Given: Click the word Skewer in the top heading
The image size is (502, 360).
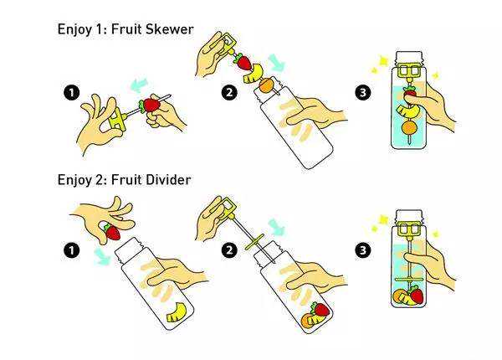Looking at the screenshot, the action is tap(169, 29).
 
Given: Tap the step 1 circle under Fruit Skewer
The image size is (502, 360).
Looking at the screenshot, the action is tap(71, 93).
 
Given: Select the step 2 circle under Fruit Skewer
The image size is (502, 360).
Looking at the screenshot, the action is tap(229, 93).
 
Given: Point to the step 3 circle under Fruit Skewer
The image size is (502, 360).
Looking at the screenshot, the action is tap(363, 93).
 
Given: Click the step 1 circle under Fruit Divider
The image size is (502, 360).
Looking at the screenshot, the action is tap(71, 249).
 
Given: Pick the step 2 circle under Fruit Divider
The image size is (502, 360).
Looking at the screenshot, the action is tap(229, 249).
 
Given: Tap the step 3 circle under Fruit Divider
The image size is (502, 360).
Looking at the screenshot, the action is tap(363, 249).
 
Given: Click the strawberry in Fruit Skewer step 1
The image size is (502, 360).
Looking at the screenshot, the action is tap(150, 105).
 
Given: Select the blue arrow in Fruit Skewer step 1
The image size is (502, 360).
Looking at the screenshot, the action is tap(140, 85).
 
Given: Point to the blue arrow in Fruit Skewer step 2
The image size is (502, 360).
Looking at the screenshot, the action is tap(276, 62).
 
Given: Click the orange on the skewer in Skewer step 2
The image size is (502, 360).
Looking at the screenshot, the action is tap(266, 85).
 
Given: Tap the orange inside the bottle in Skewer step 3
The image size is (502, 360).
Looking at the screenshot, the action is tap(409, 127).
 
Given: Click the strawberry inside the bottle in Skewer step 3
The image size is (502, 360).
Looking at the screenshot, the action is tap(410, 93).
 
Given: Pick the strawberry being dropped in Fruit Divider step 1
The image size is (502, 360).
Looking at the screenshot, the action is tap(112, 232).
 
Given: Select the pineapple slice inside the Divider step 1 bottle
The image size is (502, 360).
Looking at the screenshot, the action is tap(177, 312).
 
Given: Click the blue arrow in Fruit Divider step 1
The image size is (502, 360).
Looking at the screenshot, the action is tap(102, 257).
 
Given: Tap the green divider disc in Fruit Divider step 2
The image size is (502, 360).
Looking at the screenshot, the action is tap(254, 242).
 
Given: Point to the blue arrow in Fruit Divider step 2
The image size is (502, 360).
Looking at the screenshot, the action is tap(277, 227).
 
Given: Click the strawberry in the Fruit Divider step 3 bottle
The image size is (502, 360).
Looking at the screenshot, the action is tap(417, 295).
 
